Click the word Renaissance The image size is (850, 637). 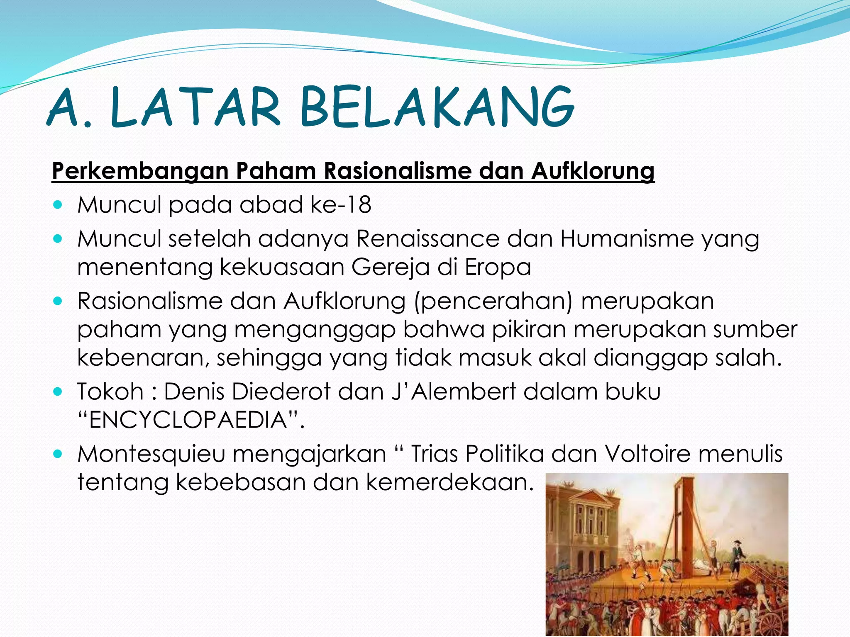tap(427, 239)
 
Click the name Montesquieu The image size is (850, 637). tap(151, 454)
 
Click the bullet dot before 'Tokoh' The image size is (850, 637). tap(58, 391)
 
